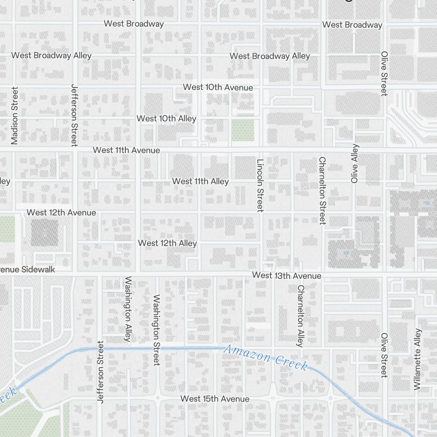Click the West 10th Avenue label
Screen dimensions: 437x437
(218, 87)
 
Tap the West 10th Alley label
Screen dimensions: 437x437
(166, 118)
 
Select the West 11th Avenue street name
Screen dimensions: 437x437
(126, 150)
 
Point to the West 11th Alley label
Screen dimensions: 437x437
(200, 181)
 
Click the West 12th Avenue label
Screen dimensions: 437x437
(61, 212)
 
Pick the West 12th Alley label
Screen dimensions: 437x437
(167, 243)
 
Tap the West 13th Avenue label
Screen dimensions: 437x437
(287, 276)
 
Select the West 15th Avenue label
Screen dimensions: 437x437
(215, 399)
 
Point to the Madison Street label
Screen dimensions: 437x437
(15, 116)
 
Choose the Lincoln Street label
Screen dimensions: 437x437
(260, 185)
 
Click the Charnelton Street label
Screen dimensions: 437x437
(323, 191)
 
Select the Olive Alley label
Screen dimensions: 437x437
(354, 163)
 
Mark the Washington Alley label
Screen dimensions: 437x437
(128, 310)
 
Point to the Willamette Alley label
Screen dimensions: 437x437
(418, 359)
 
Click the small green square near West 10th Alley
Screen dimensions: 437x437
(243, 130)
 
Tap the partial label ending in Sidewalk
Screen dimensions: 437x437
(28, 269)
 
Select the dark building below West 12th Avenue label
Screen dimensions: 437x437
(44, 232)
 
